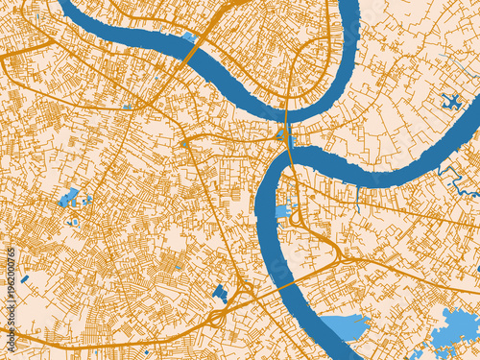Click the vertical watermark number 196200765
11,289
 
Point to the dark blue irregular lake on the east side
450,102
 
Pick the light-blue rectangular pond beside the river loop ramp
282,211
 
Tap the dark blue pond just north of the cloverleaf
220,293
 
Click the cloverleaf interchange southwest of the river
217,314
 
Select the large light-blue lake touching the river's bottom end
344,327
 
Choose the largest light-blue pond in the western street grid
69,199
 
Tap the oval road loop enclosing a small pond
72,221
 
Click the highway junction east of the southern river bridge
342,256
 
